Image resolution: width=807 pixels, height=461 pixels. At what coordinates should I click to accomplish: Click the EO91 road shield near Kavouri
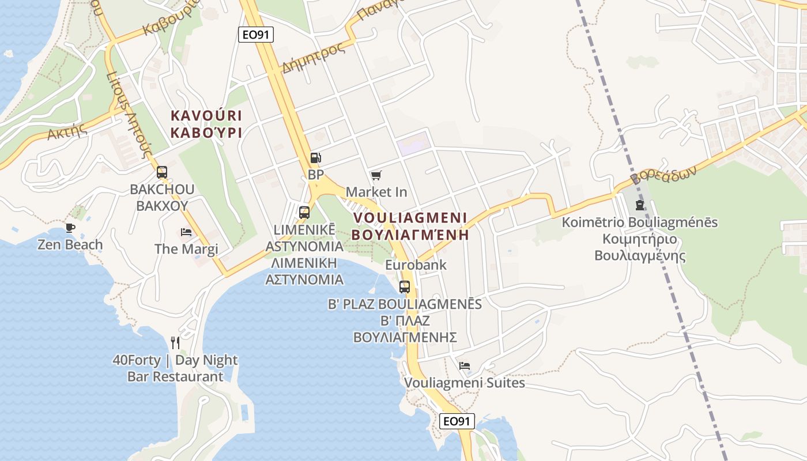click(x=255, y=35)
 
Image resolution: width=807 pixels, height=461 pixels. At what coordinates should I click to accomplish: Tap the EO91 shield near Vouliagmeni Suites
click(x=457, y=421)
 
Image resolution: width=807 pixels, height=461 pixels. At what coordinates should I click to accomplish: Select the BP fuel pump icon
click(x=315, y=157)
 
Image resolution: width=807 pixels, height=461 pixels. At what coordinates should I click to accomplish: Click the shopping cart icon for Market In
click(x=376, y=175)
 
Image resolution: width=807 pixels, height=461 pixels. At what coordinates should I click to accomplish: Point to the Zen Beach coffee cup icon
click(x=70, y=228)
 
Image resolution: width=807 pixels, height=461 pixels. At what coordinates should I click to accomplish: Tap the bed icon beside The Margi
click(x=186, y=232)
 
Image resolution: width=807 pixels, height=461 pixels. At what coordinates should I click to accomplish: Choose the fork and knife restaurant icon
click(x=175, y=343)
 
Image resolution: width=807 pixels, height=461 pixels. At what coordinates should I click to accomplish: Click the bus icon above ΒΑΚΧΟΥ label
click(x=162, y=172)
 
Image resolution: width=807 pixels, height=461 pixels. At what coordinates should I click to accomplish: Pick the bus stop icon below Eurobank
click(x=405, y=286)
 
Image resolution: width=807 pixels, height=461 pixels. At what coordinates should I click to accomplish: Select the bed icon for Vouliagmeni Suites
click(x=465, y=366)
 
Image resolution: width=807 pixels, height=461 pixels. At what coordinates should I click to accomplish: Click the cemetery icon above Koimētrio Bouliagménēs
click(x=639, y=205)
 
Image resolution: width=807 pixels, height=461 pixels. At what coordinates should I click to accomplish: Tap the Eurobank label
click(x=416, y=265)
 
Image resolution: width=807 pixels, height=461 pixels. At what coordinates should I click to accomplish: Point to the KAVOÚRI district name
click(x=206, y=115)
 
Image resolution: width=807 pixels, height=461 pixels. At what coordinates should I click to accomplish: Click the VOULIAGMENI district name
click(x=410, y=218)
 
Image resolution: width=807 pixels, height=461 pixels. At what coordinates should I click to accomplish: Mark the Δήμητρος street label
click(x=314, y=58)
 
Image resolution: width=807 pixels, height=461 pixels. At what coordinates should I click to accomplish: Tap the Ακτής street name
click(x=67, y=132)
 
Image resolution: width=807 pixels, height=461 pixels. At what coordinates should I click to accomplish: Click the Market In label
click(x=376, y=191)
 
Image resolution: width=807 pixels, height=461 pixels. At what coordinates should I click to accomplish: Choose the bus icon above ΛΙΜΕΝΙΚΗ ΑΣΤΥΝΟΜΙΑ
click(x=304, y=212)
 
